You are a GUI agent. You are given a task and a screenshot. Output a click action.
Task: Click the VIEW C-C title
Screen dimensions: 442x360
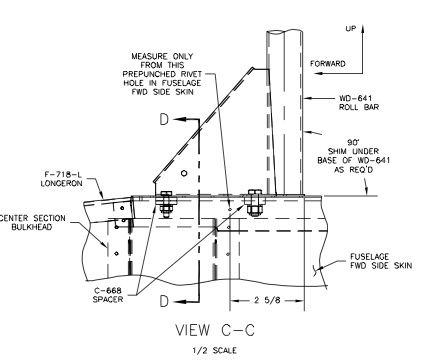click(215, 330)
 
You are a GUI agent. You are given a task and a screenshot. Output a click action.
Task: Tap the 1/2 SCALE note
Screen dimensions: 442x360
click(215, 350)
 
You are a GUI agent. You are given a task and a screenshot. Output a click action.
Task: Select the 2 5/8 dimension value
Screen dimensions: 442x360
click(267, 300)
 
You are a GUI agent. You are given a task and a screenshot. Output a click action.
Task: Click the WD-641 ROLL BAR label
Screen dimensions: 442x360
click(359, 103)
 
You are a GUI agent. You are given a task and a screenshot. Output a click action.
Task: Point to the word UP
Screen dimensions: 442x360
click(351, 29)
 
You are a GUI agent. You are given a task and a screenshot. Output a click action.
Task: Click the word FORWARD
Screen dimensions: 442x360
click(328, 63)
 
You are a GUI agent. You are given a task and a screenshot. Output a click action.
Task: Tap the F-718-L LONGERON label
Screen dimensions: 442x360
click(61, 179)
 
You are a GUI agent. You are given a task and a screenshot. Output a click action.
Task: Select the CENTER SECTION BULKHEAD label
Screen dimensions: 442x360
click(33, 223)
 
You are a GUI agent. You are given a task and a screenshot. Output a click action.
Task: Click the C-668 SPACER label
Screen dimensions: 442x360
click(108, 295)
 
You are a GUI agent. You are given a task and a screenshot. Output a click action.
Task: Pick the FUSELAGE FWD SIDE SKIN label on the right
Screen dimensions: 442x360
click(381, 261)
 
